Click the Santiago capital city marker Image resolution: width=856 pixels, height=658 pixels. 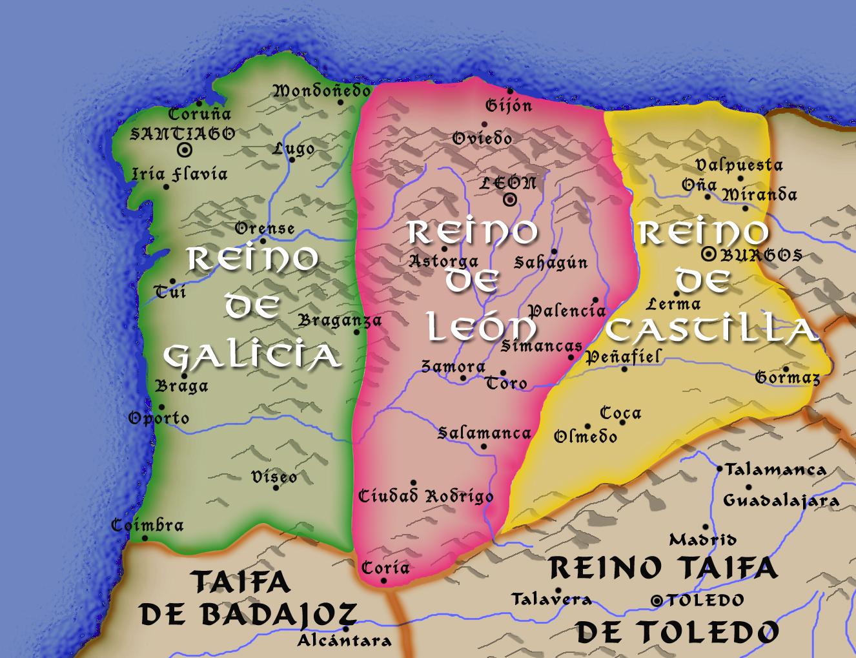pos(185,150)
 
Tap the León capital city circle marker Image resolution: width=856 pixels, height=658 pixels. pos(510,200)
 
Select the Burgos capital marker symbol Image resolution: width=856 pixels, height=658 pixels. pos(709,254)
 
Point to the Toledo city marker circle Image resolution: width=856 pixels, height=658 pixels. pos(657,601)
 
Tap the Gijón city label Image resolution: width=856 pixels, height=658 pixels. pos(508,105)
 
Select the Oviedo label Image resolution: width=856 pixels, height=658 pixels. pos(482,138)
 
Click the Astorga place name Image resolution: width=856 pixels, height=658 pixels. pos(443,262)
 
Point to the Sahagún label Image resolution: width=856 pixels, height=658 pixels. pos(551,262)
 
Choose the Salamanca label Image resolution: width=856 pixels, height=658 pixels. pos(484,433)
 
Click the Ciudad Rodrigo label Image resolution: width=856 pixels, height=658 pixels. pos(425,496)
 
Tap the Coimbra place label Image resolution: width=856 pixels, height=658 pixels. pos(147,525)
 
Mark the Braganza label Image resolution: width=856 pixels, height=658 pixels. pos(340,320)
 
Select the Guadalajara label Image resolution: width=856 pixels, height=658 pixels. pos(781,500)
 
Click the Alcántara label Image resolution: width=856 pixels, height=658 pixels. pos(344,641)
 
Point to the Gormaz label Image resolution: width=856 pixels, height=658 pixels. pos(787,377)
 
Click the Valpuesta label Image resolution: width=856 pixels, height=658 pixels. pos(739,165)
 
